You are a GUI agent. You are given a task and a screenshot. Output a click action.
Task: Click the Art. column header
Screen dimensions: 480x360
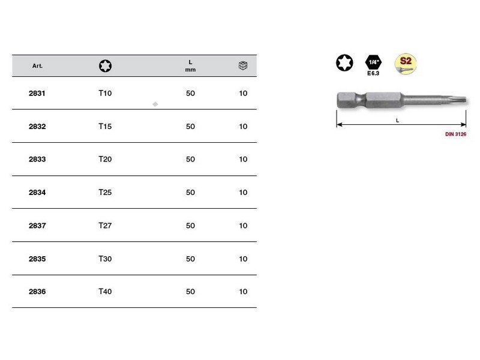(37, 66)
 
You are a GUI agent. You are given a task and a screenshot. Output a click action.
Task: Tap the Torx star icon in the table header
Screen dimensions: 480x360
(106, 66)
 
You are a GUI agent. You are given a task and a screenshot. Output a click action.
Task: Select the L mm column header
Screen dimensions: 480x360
(190, 66)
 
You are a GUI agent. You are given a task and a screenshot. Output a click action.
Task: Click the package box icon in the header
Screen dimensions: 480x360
(243, 65)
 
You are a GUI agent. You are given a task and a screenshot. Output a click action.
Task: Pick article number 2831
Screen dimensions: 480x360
(37, 94)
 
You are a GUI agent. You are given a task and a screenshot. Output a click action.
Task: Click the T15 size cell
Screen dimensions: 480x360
(105, 127)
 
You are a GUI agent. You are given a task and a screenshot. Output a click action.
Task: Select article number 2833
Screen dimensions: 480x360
(37, 159)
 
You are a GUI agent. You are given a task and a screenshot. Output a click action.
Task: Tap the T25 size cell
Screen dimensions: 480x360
(105, 192)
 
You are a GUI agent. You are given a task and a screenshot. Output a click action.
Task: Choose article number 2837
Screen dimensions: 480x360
(37, 226)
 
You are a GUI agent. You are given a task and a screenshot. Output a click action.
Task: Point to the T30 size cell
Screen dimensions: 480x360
(105, 259)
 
